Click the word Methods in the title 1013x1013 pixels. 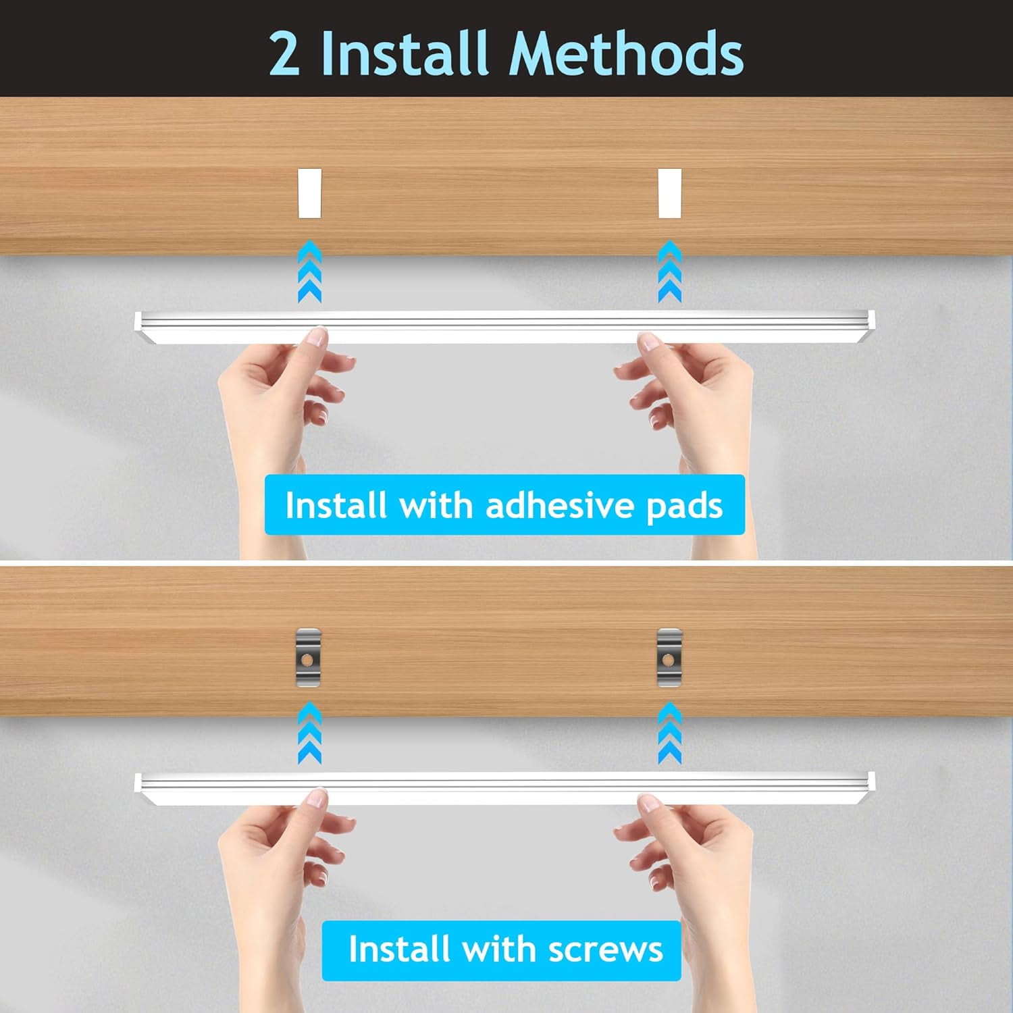pos(626,53)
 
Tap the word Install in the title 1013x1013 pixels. pos(404,53)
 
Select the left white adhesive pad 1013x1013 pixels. pos(310,194)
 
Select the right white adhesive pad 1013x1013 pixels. pos(670,194)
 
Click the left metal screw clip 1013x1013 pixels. pos(309,658)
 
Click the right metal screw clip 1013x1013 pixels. pos(670,658)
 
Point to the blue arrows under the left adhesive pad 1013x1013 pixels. pos(309,271)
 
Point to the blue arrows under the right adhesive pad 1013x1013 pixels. pos(670,271)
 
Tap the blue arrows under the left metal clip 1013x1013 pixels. pos(309,733)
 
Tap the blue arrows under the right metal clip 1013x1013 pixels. pos(670,733)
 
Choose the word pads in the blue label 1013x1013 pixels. pos(684,506)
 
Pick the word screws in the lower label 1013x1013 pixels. pos(606,950)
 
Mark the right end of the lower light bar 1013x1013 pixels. pos(873,781)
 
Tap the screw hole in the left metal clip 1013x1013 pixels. pos(307,658)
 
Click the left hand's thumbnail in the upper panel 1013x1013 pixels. pos(315,336)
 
